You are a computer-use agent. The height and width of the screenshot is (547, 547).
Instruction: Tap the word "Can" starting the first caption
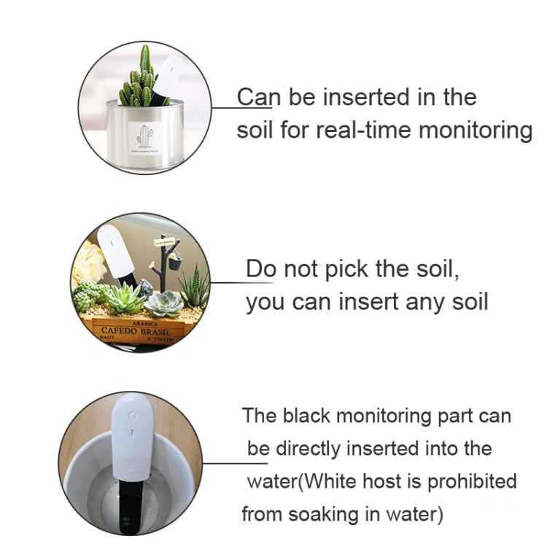[260, 97]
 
